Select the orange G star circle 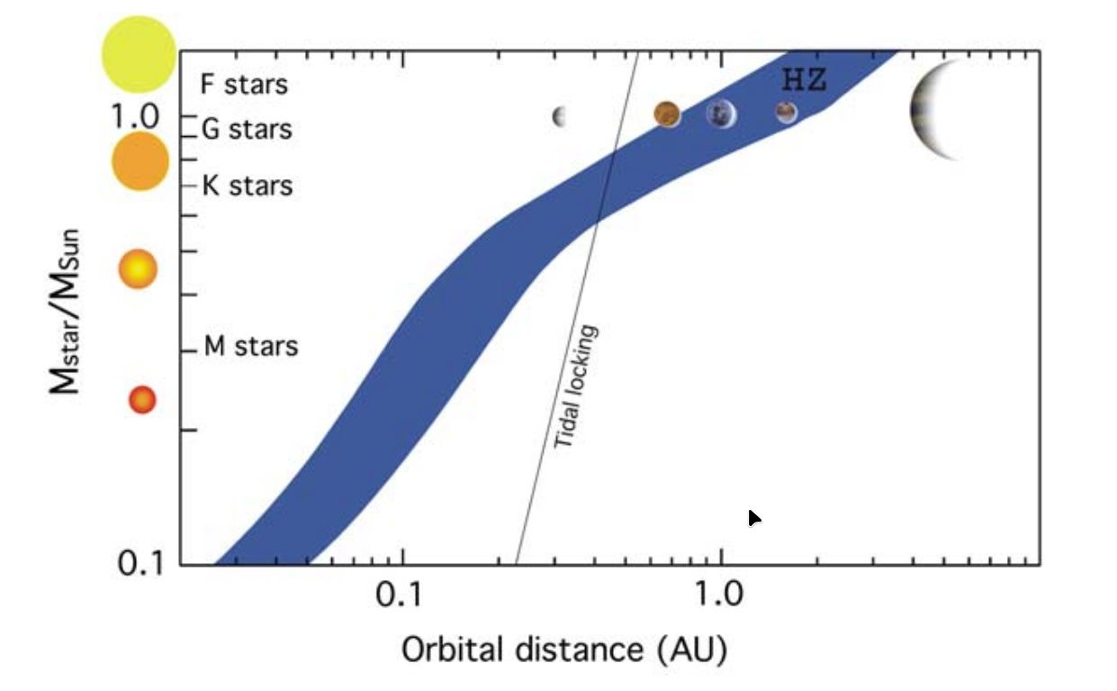[140, 161]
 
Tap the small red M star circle [142, 399]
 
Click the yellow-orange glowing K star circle [139, 268]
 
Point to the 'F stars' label [244, 85]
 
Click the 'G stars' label [247, 129]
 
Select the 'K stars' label [247, 186]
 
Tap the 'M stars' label [250, 346]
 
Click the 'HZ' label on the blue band [804, 81]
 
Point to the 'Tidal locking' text [576, 386]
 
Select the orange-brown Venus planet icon [667, 114]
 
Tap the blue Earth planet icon [721, 114]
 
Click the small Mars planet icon [787, 112]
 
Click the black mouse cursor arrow [754, 518]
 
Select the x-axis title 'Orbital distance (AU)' [563, 650]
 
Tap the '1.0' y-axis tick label [134, 116]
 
